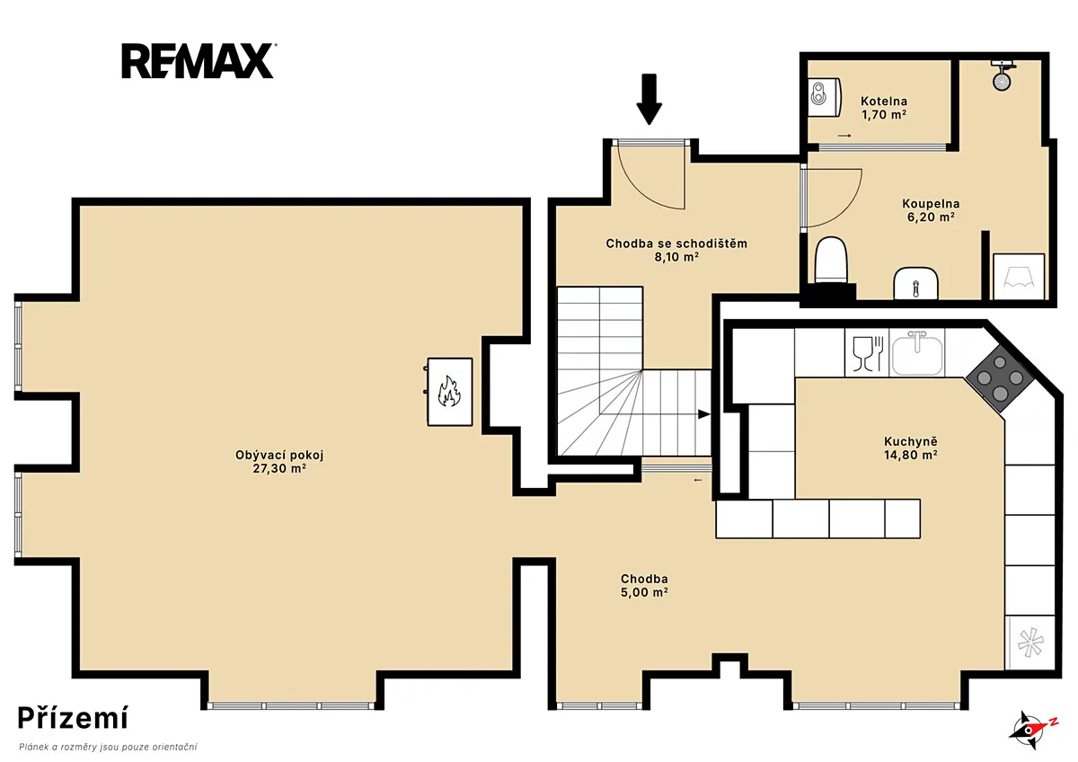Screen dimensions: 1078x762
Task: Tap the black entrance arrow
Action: [649, 99]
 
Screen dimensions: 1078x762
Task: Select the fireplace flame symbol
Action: [449, 391]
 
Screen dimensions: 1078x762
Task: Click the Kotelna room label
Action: [884, 101]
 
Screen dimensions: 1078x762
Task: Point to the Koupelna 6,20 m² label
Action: [931, 210]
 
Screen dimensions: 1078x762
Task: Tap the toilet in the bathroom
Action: [831, 260]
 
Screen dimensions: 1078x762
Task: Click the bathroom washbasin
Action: [915, 283]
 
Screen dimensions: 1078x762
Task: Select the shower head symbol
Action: [1002, 76]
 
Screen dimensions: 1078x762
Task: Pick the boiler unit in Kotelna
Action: [825, 98]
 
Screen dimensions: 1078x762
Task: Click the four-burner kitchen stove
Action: [1000, 378]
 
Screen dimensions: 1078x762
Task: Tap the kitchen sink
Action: [917, 353]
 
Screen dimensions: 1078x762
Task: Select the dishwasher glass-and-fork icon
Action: [868, 354]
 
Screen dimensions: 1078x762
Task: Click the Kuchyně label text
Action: [911, 441]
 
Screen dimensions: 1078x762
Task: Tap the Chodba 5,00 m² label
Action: [644, 585]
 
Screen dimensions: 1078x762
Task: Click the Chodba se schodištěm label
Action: [676, 244]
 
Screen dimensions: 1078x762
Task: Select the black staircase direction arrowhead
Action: [704, 414]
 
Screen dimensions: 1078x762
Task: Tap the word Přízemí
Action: [73, 717]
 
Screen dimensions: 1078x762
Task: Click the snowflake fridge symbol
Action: [1030, 643]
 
